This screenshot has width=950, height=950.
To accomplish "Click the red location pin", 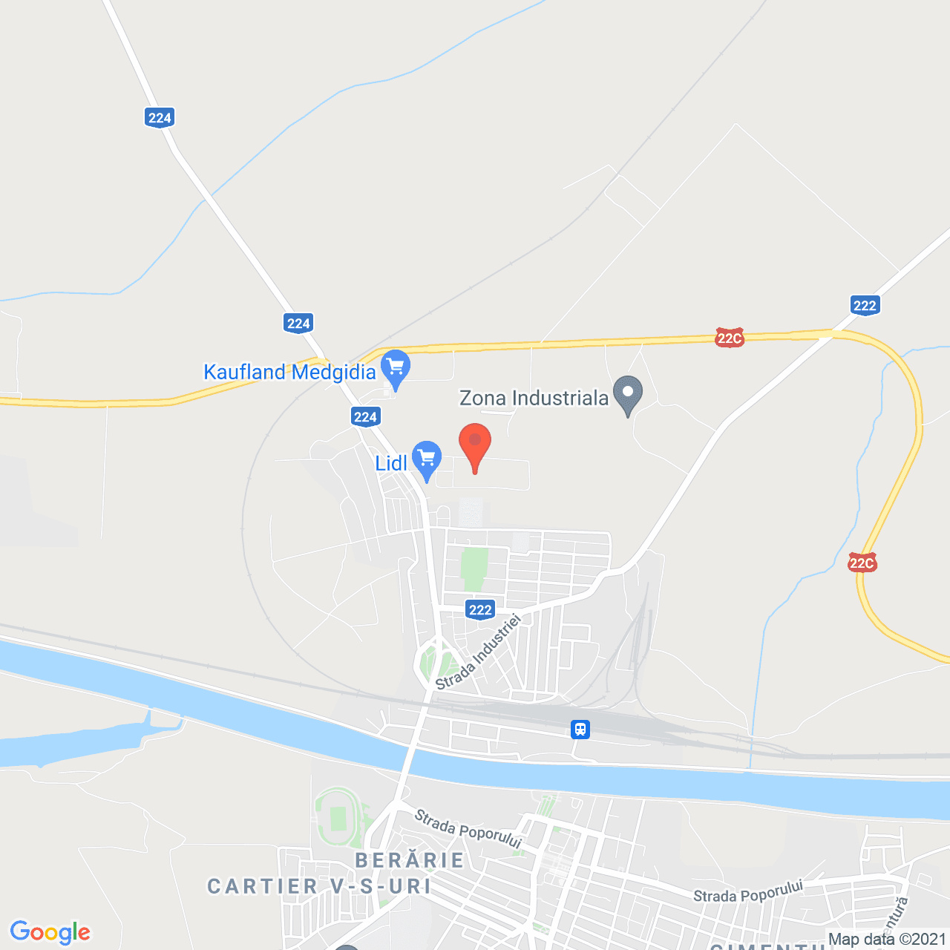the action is pyautogui.click(x=475, y=445).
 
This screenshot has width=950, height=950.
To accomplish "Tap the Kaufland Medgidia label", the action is pyautogui.click(x=289, y=372).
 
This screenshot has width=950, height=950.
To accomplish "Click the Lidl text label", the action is pyautogui.click(x=390, y=464).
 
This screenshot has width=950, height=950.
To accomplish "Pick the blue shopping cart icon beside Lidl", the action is pyautogui.click(x=427, y=459).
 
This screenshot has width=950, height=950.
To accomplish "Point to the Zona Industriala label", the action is pyautogui.click(x=534, y=399).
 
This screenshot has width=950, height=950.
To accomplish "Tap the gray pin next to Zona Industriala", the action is pyautogui.click(x=628, y=393).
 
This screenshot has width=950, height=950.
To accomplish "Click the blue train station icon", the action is pyautogui.click(x=580, y=730).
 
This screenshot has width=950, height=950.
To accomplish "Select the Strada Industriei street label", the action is pyautogui.click(x=478, y=652).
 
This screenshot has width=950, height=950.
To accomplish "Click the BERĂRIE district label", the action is pyautogui.click(x=410, y=860).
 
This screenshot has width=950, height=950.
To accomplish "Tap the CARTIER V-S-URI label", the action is pyautogui.click(x=319, y=886).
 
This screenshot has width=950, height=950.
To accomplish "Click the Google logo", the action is pyautogui.click(x=50, y=932).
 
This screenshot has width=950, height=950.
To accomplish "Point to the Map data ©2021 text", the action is pyautogui.click(x=887, y=940).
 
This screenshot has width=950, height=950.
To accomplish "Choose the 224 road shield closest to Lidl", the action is pyautogui.click(x=365, y=417).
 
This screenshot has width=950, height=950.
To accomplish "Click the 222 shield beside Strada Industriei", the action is pyautogui.click(x=480, y=610).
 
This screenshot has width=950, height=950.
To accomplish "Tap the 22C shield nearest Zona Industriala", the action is pyautogui.click(x=729, y=338).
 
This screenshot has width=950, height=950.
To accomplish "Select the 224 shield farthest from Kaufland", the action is pyautogui.click(x=160, y=117).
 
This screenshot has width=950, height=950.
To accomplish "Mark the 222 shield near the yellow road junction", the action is pyautogui.click(x=865, y=305).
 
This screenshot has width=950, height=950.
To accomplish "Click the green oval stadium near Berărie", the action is pyautogui.click(x=338, y=818).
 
